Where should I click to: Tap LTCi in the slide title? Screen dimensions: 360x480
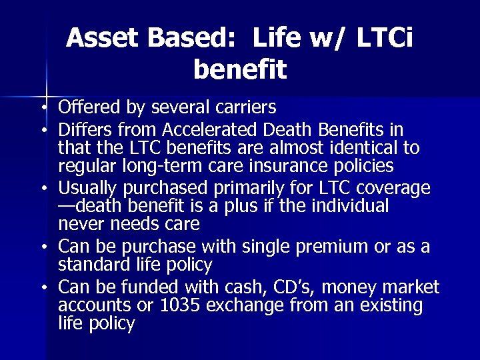pos(385,39)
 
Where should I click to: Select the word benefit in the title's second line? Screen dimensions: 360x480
pos(240,69)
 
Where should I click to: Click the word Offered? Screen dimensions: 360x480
pos(86,107)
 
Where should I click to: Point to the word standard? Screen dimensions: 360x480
pos(89,265)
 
